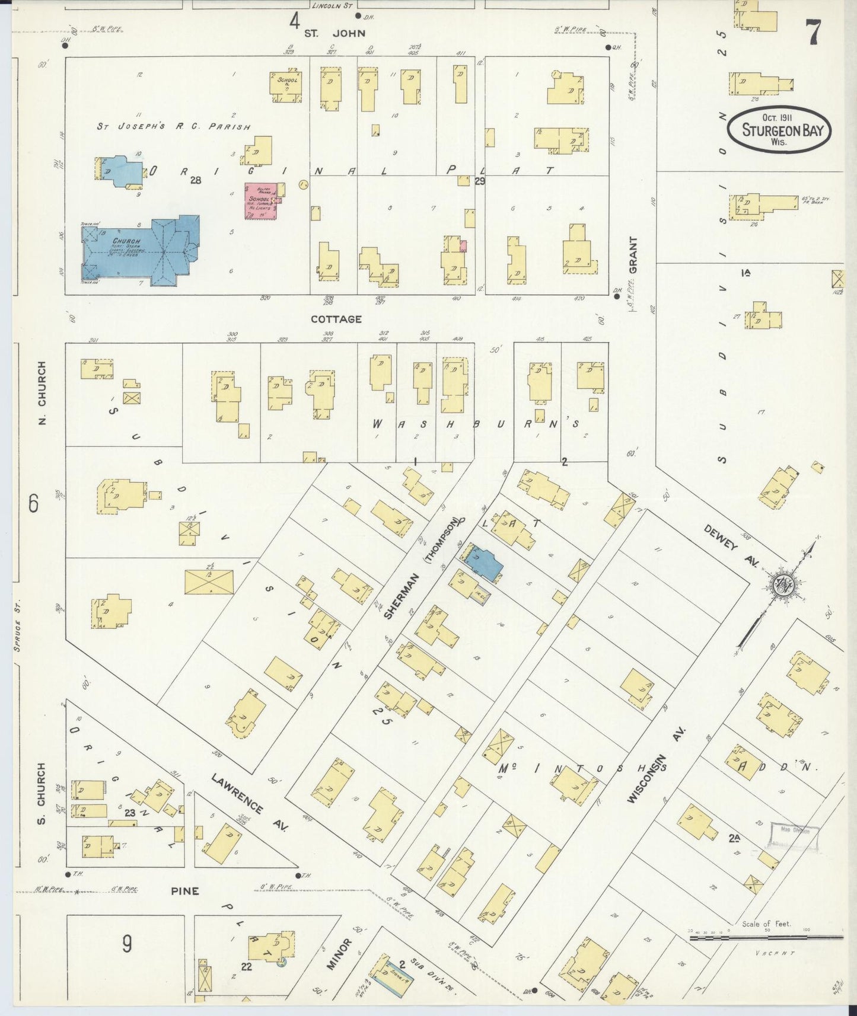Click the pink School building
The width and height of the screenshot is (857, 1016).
[x=262, y=202]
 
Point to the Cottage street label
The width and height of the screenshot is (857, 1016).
[x=336, y=319]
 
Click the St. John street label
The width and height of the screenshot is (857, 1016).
[x=334, y=33]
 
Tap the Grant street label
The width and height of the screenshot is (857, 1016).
[x=633, y=255]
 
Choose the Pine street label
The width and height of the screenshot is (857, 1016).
[x=184, y=891]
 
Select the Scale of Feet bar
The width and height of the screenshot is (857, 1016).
[x=766, y=937]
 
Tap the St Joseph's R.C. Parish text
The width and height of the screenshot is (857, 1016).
[x=173, y=126]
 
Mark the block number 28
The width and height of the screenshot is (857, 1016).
[x=196, y=181]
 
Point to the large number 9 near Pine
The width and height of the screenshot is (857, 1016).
[x=127, y=944]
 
